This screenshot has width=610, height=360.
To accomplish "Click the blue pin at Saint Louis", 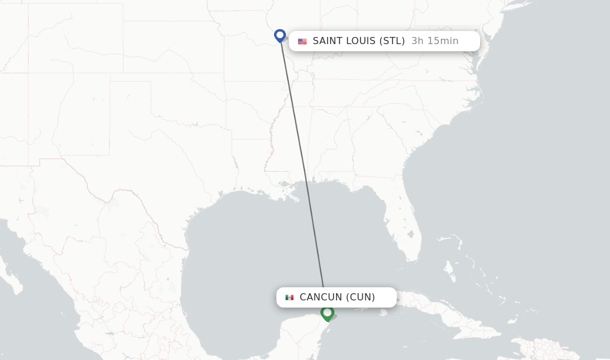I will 280,36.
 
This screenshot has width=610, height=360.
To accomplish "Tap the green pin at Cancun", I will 327,312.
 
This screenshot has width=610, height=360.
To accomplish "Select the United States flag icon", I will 303,41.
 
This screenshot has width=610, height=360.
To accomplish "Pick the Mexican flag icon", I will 290,297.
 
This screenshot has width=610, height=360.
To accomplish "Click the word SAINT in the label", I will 328,41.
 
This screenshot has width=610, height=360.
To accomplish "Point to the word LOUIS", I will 361,41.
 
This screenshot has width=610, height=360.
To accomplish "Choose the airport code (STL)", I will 392,41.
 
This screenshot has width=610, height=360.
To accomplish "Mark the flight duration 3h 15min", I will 435,41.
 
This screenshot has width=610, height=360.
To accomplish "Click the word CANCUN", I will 321,297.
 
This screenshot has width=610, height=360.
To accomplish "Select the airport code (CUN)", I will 360,297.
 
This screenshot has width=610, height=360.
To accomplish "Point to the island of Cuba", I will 441,313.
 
